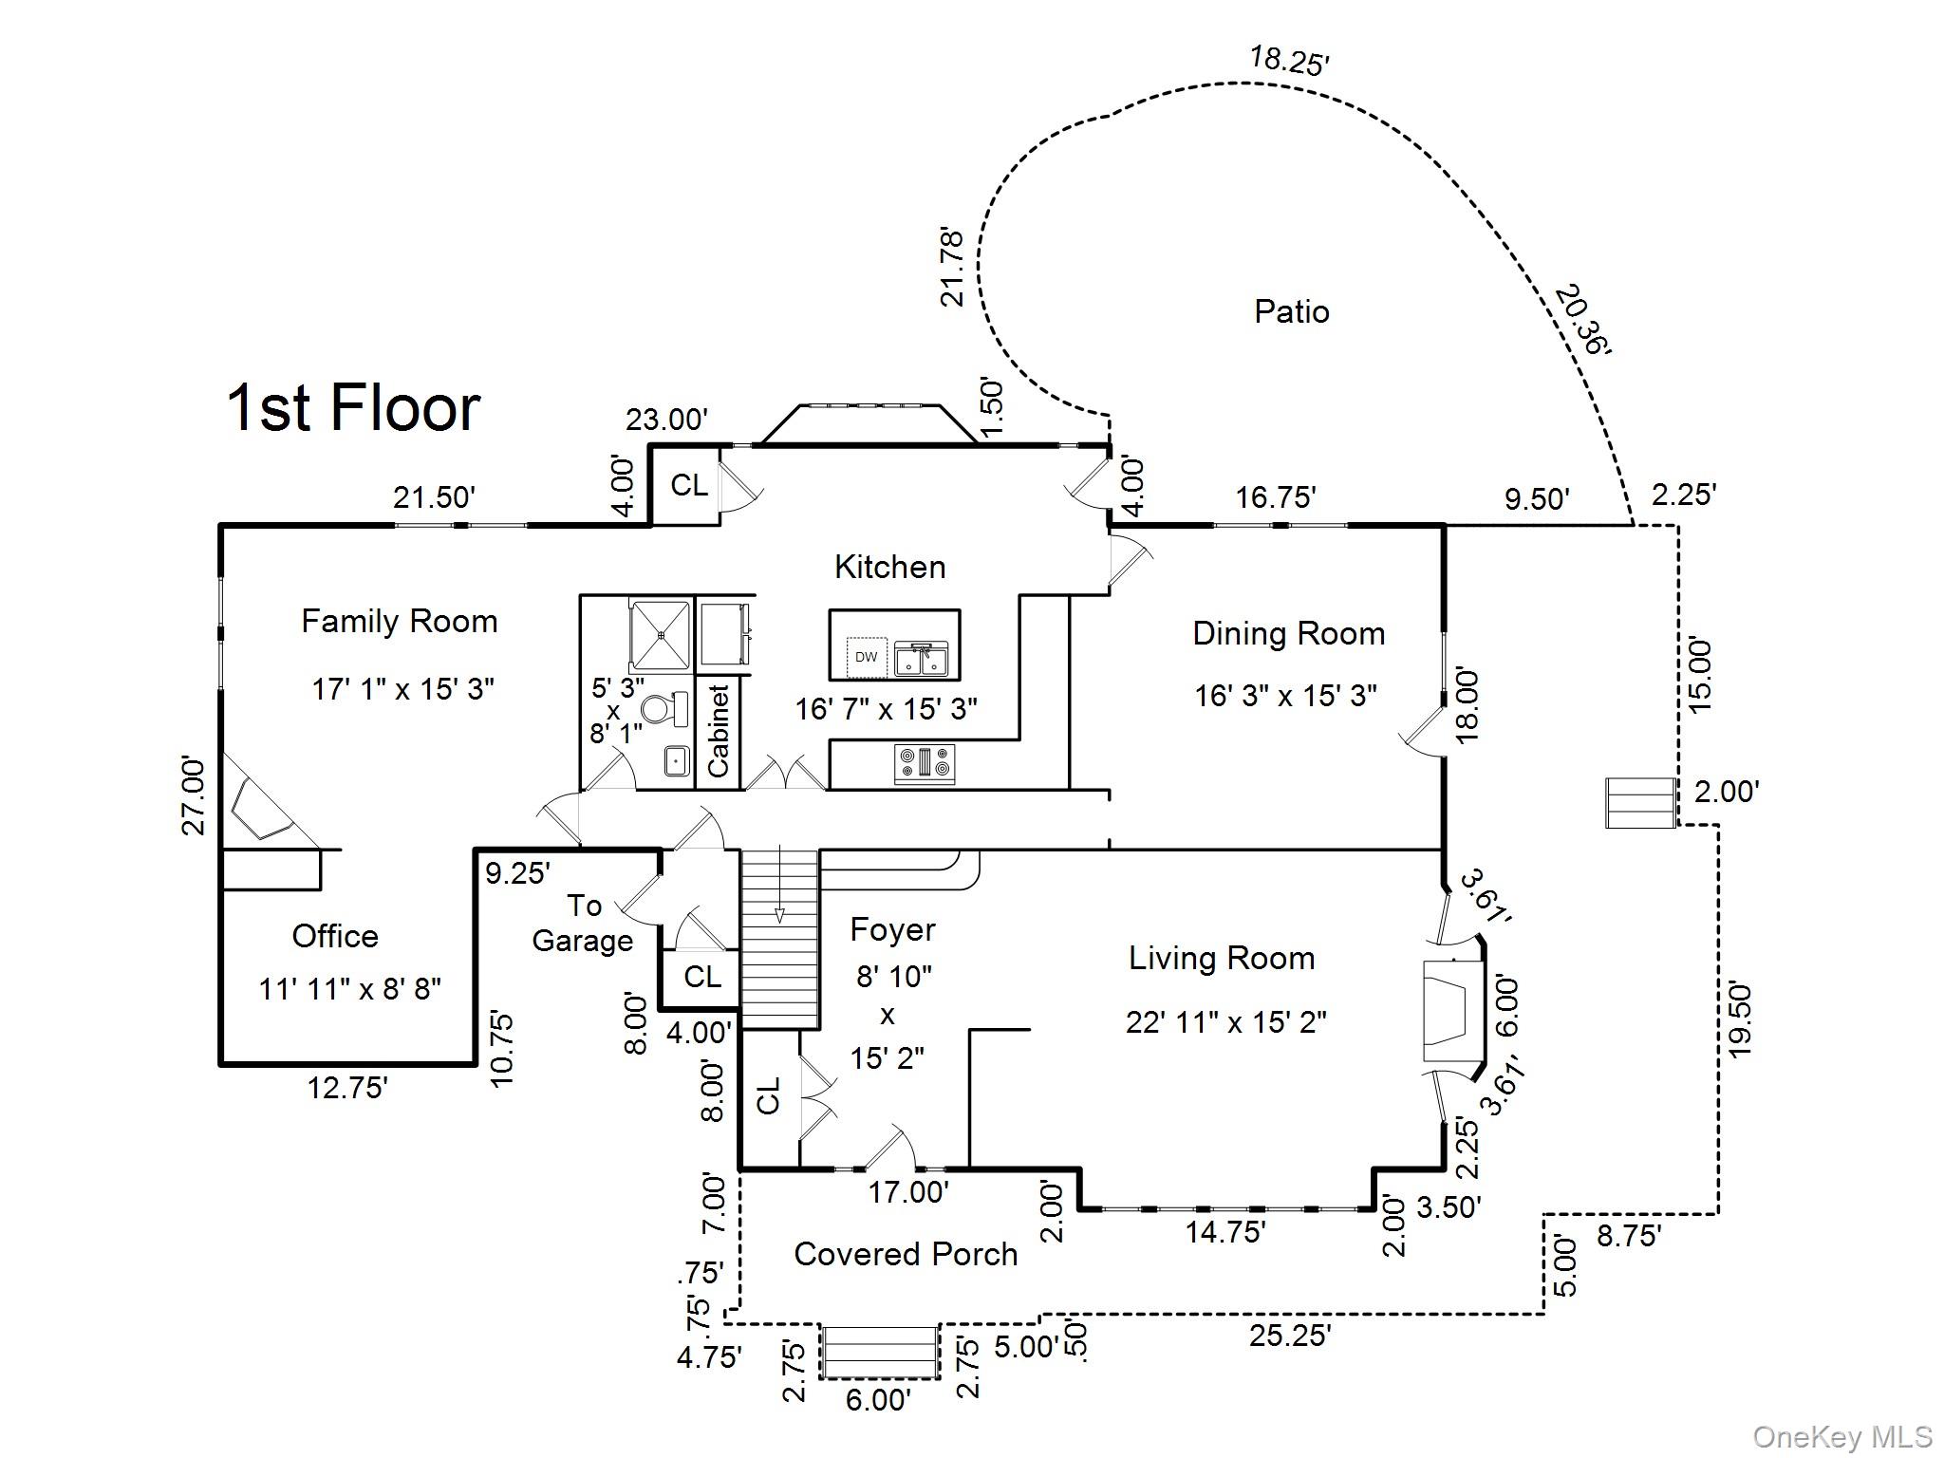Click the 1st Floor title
point(353,408)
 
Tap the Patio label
point(1291,311)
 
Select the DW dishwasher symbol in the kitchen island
point(866,657)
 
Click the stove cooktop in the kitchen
point(924,764)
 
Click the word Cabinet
point(719,731)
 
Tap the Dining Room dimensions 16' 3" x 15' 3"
point(1284,696)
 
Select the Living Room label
point(1222,958)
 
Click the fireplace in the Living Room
point(1448,1010)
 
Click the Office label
point(335,936)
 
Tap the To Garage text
point(583,923)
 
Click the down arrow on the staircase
point(779,913)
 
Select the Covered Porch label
point(906,1254)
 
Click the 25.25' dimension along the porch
point(1289,1336)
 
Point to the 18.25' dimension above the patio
point(1288,60)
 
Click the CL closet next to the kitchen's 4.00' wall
point(689,485)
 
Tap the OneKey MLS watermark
point(1841,1438)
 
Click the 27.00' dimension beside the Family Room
point(193,795)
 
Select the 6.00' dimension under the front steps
point(878,1399)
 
